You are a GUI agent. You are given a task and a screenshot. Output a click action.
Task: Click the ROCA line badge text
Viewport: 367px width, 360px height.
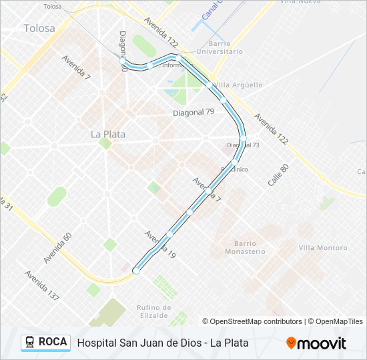53,342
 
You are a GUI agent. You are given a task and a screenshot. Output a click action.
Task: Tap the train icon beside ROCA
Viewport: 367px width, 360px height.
30,342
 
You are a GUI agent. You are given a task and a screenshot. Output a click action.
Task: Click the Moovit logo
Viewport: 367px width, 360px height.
316,343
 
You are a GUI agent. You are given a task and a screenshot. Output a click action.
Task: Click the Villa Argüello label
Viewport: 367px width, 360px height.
238,85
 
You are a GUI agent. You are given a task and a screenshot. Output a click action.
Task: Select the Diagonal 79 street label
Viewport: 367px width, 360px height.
194,112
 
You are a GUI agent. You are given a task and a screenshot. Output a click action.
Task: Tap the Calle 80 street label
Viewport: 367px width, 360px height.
277,174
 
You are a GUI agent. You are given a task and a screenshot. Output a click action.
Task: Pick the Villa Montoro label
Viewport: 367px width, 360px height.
322,248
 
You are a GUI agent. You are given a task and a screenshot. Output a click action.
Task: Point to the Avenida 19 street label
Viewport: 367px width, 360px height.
159,245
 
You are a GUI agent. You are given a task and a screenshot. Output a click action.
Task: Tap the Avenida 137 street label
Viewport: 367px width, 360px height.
42,285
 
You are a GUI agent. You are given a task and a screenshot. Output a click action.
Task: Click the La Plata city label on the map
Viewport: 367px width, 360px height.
107,134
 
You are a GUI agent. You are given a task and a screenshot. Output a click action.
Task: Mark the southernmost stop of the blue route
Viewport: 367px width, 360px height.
136,271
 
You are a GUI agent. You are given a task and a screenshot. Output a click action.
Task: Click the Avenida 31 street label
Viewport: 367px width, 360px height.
7,203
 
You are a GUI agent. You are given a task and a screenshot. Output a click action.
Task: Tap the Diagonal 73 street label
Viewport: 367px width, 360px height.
243,145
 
